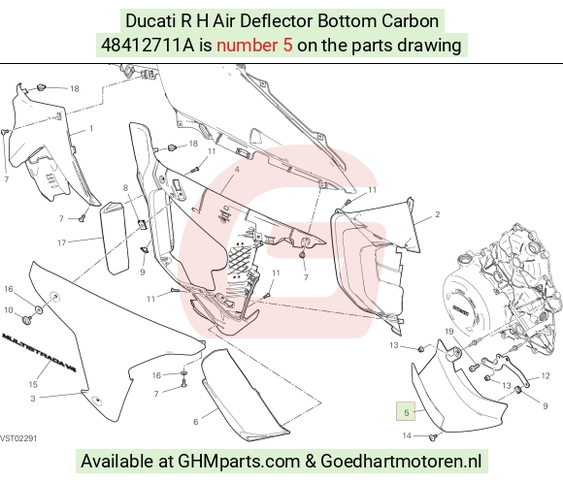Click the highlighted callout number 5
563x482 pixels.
tap(406, 412)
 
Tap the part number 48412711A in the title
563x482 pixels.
tap(148, 46)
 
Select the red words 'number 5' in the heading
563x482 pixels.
tap(254, 46)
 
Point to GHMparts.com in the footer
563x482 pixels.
tap(239, 461)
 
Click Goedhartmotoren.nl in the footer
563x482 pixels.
tap(401, 461)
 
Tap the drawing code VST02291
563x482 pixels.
tap(18, 438)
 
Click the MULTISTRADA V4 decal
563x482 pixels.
tap(39, 352)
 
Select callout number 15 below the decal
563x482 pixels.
tap(33, 384)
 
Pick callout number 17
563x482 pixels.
tap(62, 242)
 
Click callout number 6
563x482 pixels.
tap(196, 422)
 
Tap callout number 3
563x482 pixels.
tap(33, 399)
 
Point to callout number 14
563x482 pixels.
tap(407, 435)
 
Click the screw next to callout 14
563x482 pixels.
tap(433, 437)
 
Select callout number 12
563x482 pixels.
tap(546, 376)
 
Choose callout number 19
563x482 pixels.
tap(449, 331)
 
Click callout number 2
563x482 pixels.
tap(438, 214)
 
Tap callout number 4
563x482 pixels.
tap(237, 170)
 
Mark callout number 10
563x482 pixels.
tap(9, 310)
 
